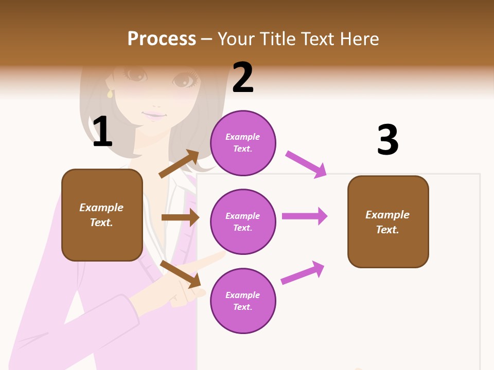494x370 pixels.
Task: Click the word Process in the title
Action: (x=162, y=39)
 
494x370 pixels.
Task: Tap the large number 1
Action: (x=102, y=132)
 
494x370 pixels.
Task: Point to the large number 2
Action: (x=243, y=78)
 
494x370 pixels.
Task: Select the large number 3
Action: (x=388, y=140)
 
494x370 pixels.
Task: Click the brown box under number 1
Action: (x=102, y=215)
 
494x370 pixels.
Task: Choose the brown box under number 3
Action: (x=388, y=222)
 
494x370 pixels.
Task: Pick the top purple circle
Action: (x=243, y=143)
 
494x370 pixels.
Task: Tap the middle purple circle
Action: (x=243, y=221)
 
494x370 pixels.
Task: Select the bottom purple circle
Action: (x=243, y=301)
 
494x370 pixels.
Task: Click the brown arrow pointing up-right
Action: (x=179, y=164)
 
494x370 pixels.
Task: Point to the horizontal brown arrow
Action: (x=180, y=217)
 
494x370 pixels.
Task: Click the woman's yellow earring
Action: (x=110, y=94)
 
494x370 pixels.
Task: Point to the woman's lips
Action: (x=153, y=116)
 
